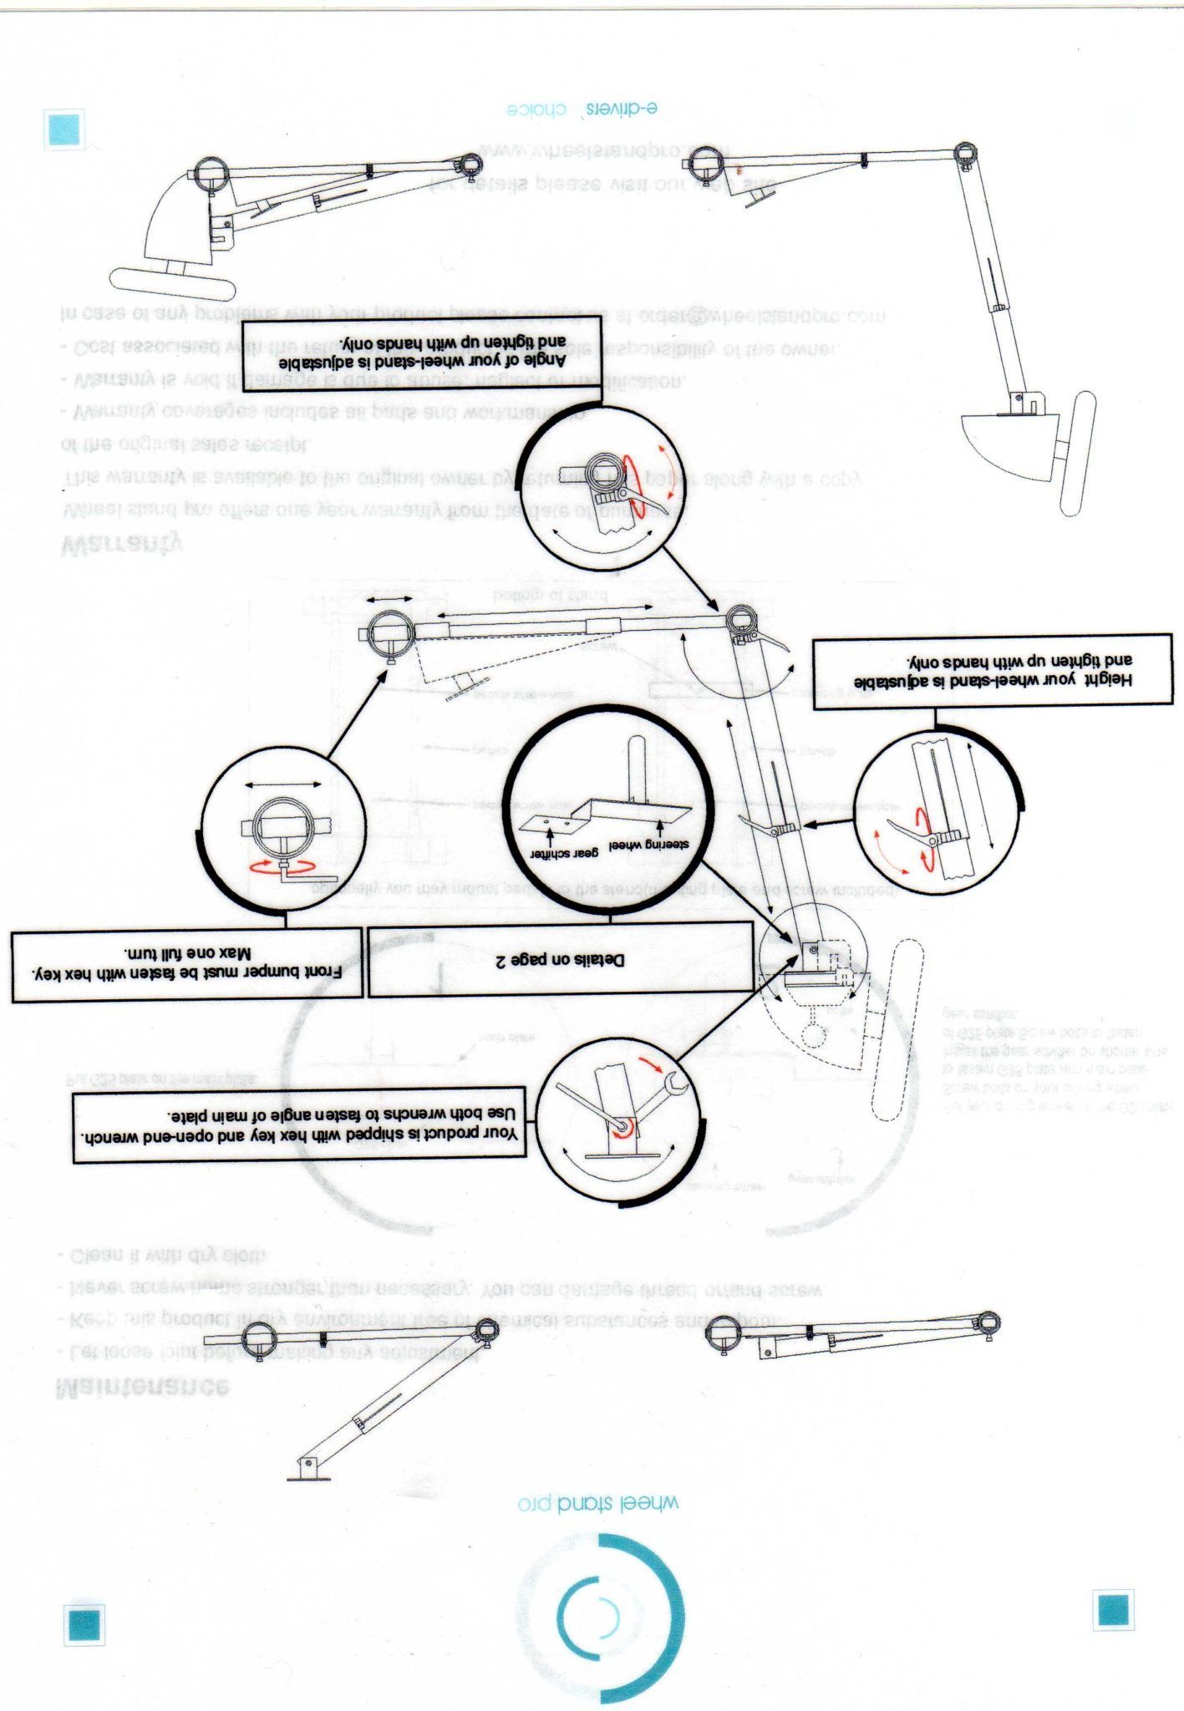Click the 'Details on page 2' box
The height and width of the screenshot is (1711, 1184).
[x=562, y=962]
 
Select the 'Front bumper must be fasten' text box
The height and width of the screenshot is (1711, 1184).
[x=188, y=963]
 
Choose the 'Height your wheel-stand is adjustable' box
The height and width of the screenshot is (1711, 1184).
[x=993, y=671]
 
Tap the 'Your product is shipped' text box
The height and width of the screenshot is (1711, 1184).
[x=299, y=1125]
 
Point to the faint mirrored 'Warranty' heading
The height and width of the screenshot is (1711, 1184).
[x=122, y=546]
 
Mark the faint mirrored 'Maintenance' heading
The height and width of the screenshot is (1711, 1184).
[x=142, y=1387]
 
